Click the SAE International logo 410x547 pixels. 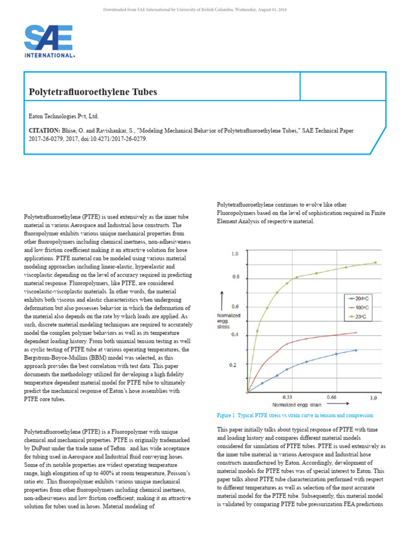point(49,41)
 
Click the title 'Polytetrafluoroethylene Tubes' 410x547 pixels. point(93,92)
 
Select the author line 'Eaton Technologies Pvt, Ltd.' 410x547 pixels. point(64,116)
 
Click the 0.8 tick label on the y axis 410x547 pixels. point(235,277)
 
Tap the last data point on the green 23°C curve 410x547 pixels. point(375,262)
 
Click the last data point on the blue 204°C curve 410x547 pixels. point(356,350)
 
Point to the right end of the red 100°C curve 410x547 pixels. point(356,332)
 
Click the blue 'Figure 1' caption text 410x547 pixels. point(295,415)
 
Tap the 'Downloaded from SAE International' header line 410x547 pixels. point(204,9)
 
